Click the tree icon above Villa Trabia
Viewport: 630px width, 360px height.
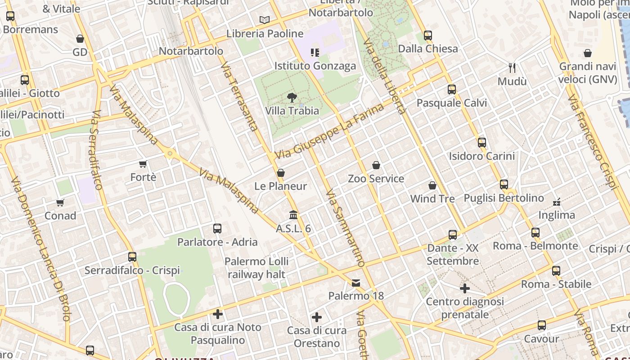[292, 97]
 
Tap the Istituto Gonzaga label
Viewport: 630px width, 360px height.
[315, 66]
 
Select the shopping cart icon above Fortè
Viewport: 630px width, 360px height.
[143, 164]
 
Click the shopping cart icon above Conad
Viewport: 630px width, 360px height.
[60, 202]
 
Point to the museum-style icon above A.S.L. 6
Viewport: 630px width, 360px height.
[293, 215]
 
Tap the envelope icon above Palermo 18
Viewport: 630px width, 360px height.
[356, 283]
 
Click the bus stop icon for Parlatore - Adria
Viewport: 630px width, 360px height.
[217, 229]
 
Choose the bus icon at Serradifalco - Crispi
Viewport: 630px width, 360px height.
[132, 257]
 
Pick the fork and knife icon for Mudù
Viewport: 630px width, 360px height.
[512, 68]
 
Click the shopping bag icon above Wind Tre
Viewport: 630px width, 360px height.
[432, 185]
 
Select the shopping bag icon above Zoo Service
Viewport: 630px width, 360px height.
[376, 166]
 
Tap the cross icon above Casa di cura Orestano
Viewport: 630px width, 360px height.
[317, 317]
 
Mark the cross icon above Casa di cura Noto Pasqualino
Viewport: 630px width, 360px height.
[218, 314]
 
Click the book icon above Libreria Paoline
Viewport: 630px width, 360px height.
[265, 20]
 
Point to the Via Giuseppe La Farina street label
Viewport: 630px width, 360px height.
[330, 131]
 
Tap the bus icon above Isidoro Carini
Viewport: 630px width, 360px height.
[482, 143]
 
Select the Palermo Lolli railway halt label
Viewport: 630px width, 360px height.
[256, 268]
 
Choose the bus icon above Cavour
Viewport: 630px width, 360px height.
[542, 325]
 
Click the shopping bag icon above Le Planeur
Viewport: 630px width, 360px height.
[281, 173]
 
